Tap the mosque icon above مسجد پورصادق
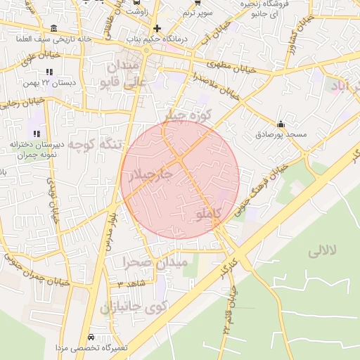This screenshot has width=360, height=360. [281, 123]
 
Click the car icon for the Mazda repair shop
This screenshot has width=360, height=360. [94, 337]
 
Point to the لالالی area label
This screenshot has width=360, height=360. [323, 250]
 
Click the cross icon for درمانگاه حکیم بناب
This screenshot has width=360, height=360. [156, 29]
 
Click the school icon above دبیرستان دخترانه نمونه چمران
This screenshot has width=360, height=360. [36, 133]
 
